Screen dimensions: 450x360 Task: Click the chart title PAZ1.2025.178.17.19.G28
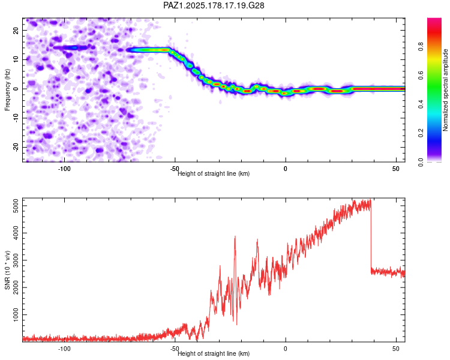pyautogui.click(x=214, y=5)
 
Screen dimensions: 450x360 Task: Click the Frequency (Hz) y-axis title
pyautogui.click(x=7, y=90)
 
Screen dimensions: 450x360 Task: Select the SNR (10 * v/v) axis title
pyautogui.click(x=7, y=270)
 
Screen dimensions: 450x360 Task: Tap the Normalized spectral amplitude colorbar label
pyautogui.click(x=445, y=90)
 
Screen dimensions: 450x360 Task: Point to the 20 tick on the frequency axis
pyautogui.click(x=16, y=30)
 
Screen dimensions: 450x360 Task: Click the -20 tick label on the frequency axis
pyautogui.click(x=16, y=148)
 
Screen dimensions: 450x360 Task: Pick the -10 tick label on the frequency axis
pyautogui.click(x=16, y=118)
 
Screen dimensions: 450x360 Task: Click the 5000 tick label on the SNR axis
pyautogui.click(x=16, y=206)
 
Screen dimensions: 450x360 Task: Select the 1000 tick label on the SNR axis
pyautogui.click(x=16, y=315)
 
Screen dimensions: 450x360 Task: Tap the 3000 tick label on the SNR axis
pyautogui.click(x=16, y=260)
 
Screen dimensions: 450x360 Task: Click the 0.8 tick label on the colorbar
pyautogui.click(x=421, y=47)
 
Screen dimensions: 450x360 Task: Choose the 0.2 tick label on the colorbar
pyautogui.click(x=421, y=133)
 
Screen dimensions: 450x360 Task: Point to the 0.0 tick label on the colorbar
pyautogui.click(x=421, y=162)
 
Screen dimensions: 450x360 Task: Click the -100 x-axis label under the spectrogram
pyautogui.click(x=64, y=169)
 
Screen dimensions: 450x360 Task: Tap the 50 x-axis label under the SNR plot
pyautogui.click(x=396, y=349)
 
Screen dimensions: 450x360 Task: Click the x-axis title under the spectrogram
pyautogui.click(x=214, y=173)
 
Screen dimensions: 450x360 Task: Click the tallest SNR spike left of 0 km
pyautogui.click(x=235, y=237)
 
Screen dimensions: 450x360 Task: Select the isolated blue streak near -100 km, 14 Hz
pyautogui.click(x=71, y=47)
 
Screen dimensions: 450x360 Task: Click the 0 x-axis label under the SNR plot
pyautogui.click(x=285, y=349)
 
